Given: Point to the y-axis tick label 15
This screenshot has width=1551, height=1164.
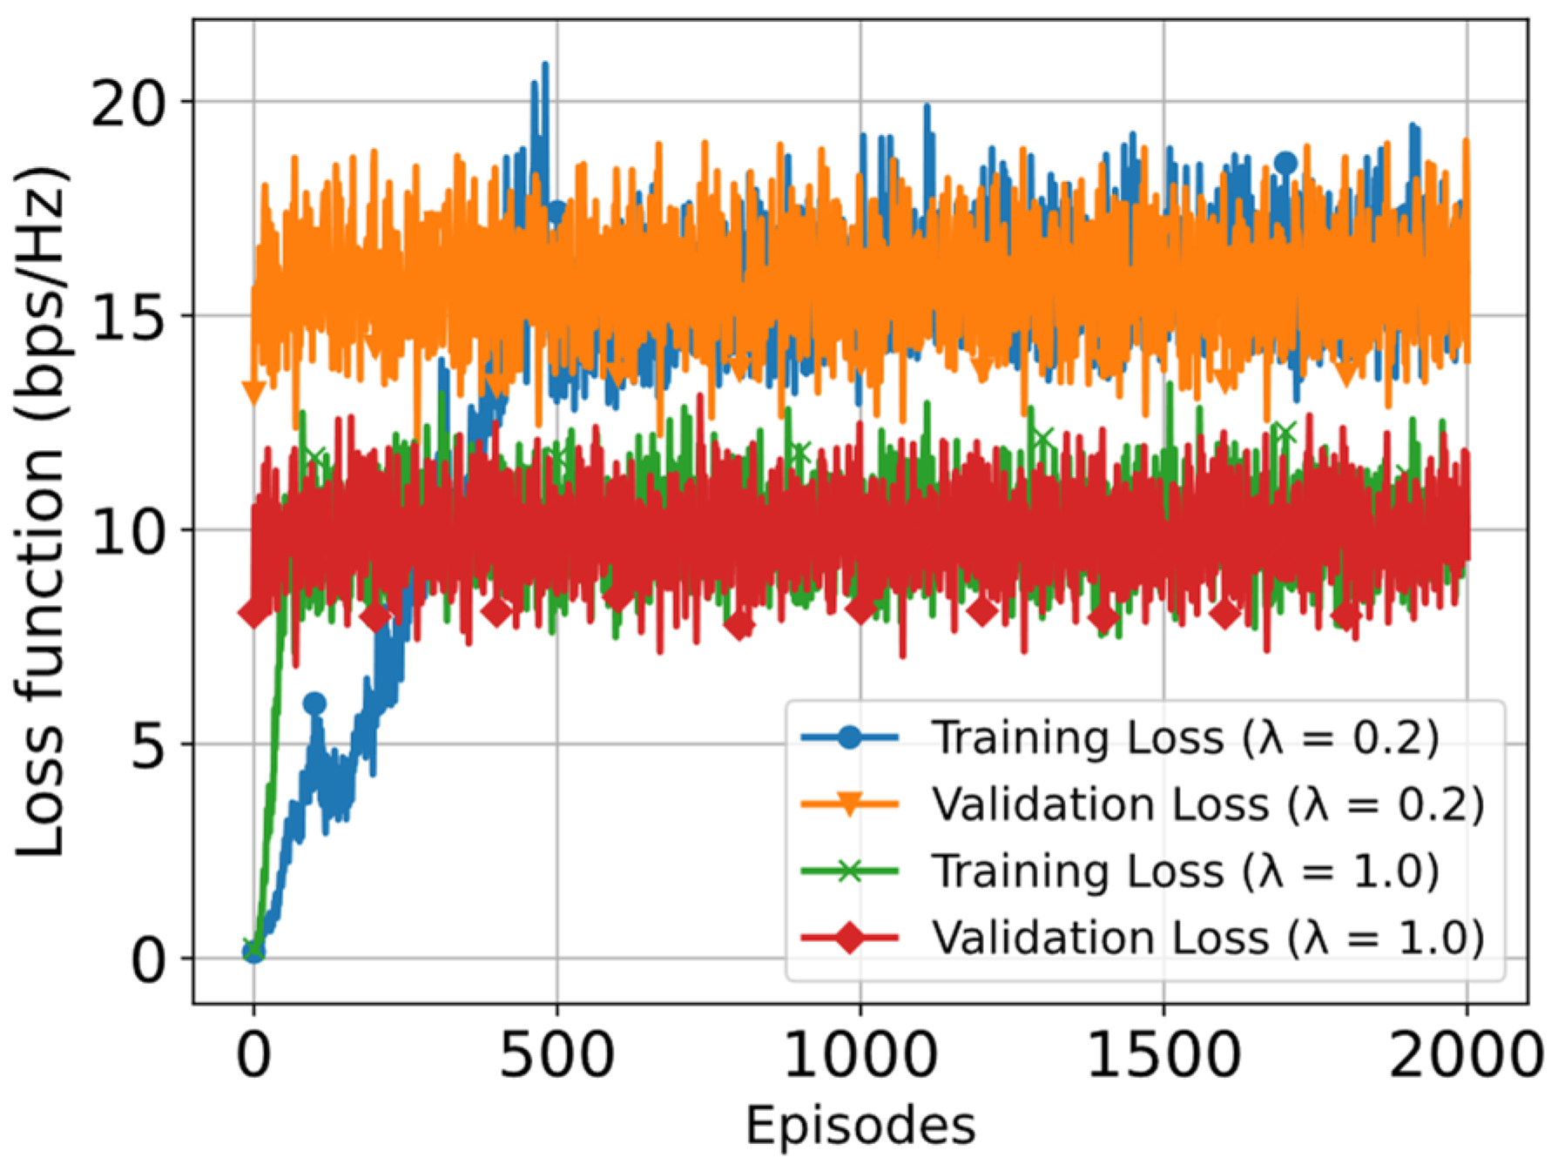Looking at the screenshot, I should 128,317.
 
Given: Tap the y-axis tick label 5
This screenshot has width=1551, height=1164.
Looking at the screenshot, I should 147,745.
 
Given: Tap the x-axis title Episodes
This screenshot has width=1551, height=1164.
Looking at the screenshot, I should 860,1125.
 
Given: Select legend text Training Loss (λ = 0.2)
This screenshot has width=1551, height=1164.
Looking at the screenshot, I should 1185,737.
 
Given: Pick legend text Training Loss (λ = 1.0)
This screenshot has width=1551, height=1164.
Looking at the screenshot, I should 1185,871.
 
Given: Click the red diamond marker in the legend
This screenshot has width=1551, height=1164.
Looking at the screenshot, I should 849,938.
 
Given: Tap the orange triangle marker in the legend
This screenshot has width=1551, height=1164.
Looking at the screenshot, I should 849,804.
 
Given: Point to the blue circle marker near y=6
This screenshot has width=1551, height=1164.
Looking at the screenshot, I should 314,703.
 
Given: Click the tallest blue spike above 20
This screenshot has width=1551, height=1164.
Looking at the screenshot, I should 545,65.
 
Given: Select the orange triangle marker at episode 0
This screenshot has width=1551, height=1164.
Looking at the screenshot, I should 253,393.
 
